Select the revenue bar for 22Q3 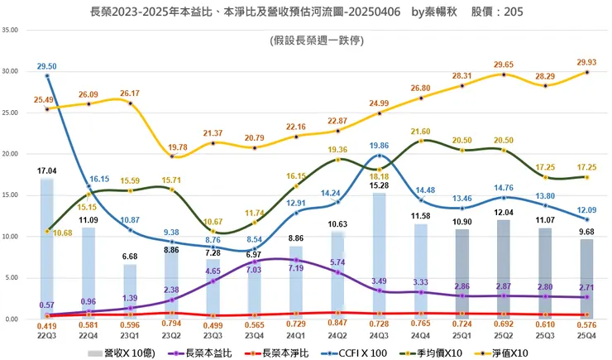[47, 248]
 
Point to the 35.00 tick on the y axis [11, 30]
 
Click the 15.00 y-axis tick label [11, 195]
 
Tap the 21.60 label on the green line [422, 132]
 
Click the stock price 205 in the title [511, 12]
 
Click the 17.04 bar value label [46, 170]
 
